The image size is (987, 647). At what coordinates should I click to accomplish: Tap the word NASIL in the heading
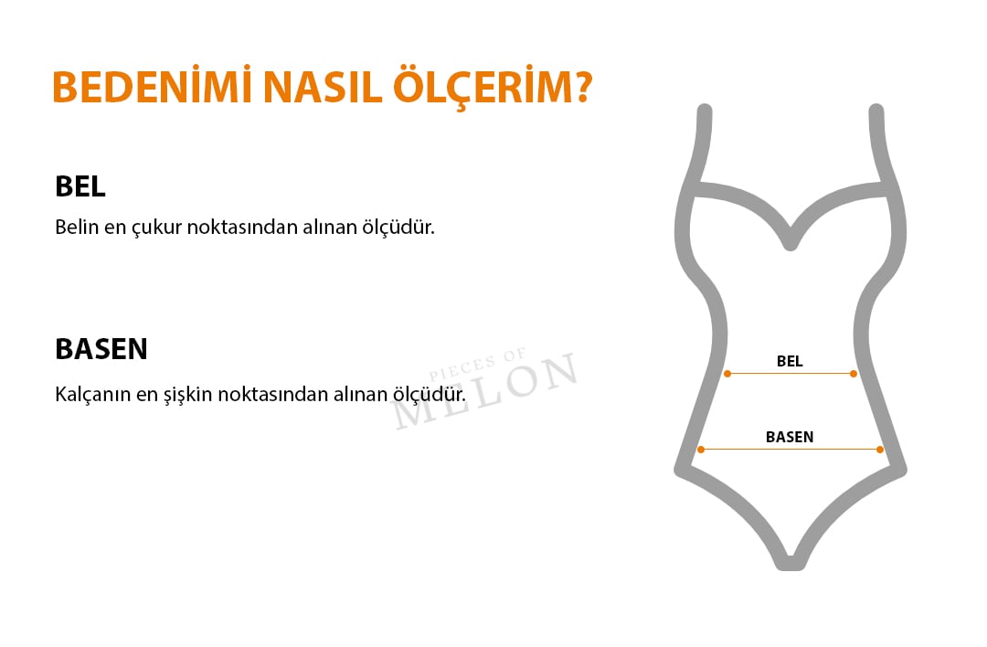tap(323, 87)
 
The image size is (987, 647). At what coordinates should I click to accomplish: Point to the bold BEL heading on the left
tap(80, 186)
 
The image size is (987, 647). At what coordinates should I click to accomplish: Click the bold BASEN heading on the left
tap(101, 349)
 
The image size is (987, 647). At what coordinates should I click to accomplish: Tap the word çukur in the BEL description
tap(157, 228)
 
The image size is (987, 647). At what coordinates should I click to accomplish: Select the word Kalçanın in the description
tap(92, 395)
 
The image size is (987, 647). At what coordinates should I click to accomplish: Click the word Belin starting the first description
tap(77, 227)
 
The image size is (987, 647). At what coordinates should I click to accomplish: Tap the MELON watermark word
tap(484, 390)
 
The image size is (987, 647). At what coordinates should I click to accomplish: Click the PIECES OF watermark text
tap(477, 365)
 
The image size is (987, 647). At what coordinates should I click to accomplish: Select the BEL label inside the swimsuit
tap(790, 361)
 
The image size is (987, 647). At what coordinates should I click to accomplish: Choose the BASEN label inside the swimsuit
tap(790, 437)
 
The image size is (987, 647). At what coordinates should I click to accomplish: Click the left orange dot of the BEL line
tap(727, 374)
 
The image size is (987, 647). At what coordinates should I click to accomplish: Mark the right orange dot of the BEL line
tap(854, 374)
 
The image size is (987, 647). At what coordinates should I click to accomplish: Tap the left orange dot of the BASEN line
tap(701, 450)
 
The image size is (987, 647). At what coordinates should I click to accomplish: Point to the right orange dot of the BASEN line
tap(880, 450)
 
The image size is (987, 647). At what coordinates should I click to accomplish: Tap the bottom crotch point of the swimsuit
tap(791, 564)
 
